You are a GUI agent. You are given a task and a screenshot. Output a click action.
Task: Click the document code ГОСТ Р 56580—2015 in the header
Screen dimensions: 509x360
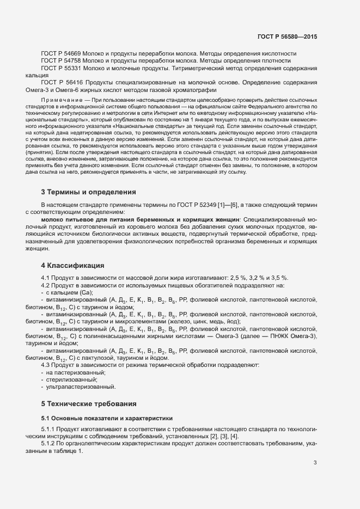286,36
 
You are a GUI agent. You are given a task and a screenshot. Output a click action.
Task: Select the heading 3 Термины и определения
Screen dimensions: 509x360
89,192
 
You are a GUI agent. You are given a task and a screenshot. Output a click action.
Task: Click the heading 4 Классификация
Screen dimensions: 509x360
72,266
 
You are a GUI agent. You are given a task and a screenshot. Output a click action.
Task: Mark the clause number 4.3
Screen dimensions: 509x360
46,365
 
